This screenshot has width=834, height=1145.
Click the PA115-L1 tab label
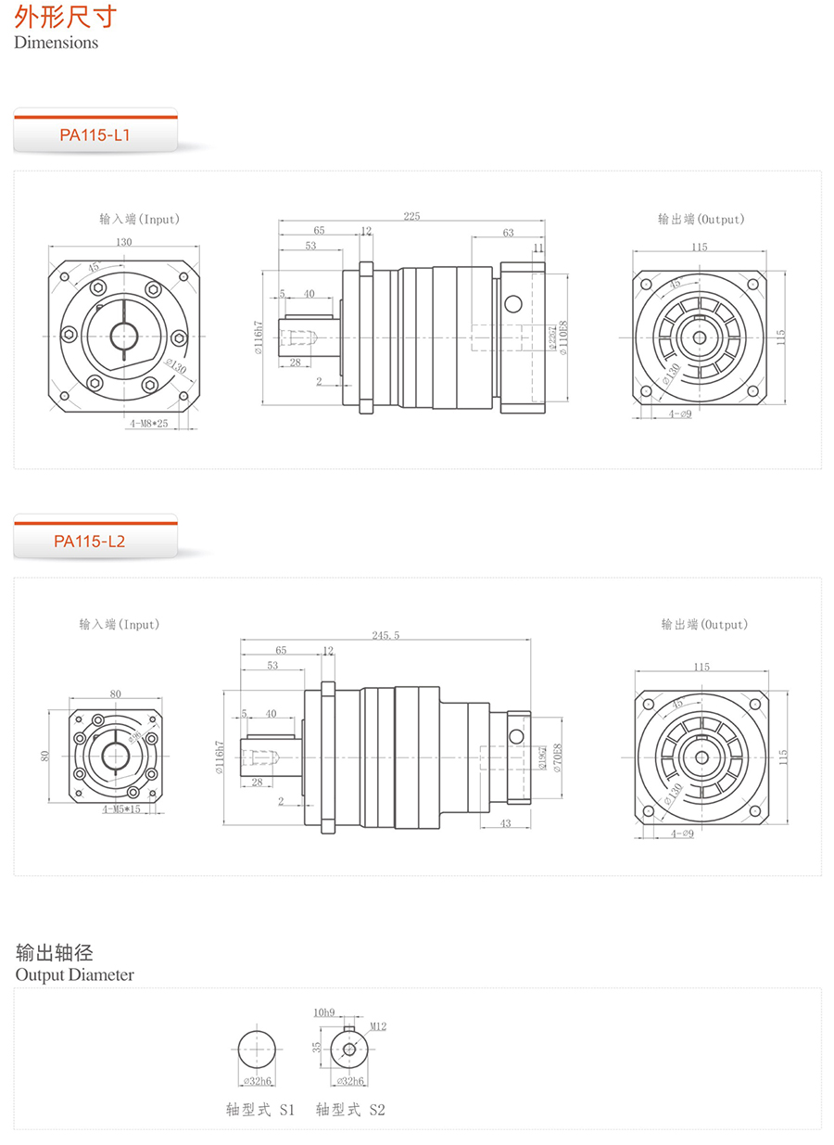click(x=95, y=135)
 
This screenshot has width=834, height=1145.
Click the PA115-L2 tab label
click(x=89, y=541)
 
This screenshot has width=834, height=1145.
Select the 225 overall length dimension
click(x=411, y=216)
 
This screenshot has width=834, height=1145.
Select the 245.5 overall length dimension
click(x=385, y=635)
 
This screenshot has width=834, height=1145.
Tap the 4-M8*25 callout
click(x=148, y=423)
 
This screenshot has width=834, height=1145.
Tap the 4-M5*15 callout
click(x=121, y=809)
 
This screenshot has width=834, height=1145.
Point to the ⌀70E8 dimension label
click(x=556, y=758)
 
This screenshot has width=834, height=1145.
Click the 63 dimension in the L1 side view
click(x=508, y=233)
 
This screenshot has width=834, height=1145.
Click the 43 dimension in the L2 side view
click(x=505, y=823)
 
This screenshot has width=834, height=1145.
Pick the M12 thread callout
click(x=377, y=1026)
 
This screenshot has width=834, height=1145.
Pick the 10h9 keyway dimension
click(x=324, y=1012)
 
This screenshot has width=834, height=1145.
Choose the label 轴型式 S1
click(x=260, y=1110)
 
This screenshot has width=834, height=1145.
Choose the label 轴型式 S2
click(x=350, y=1110)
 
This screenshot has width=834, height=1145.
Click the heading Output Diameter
click(x=74, y=975)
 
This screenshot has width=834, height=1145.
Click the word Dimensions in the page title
click(x=56, y=43)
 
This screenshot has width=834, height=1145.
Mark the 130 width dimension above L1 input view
click(x=124, y=242)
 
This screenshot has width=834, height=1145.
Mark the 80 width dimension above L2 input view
click(x=115, y=693)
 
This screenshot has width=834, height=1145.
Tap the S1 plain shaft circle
click(x=257, y=1050)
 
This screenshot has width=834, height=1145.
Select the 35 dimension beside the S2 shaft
click(x=317, y=1047)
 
